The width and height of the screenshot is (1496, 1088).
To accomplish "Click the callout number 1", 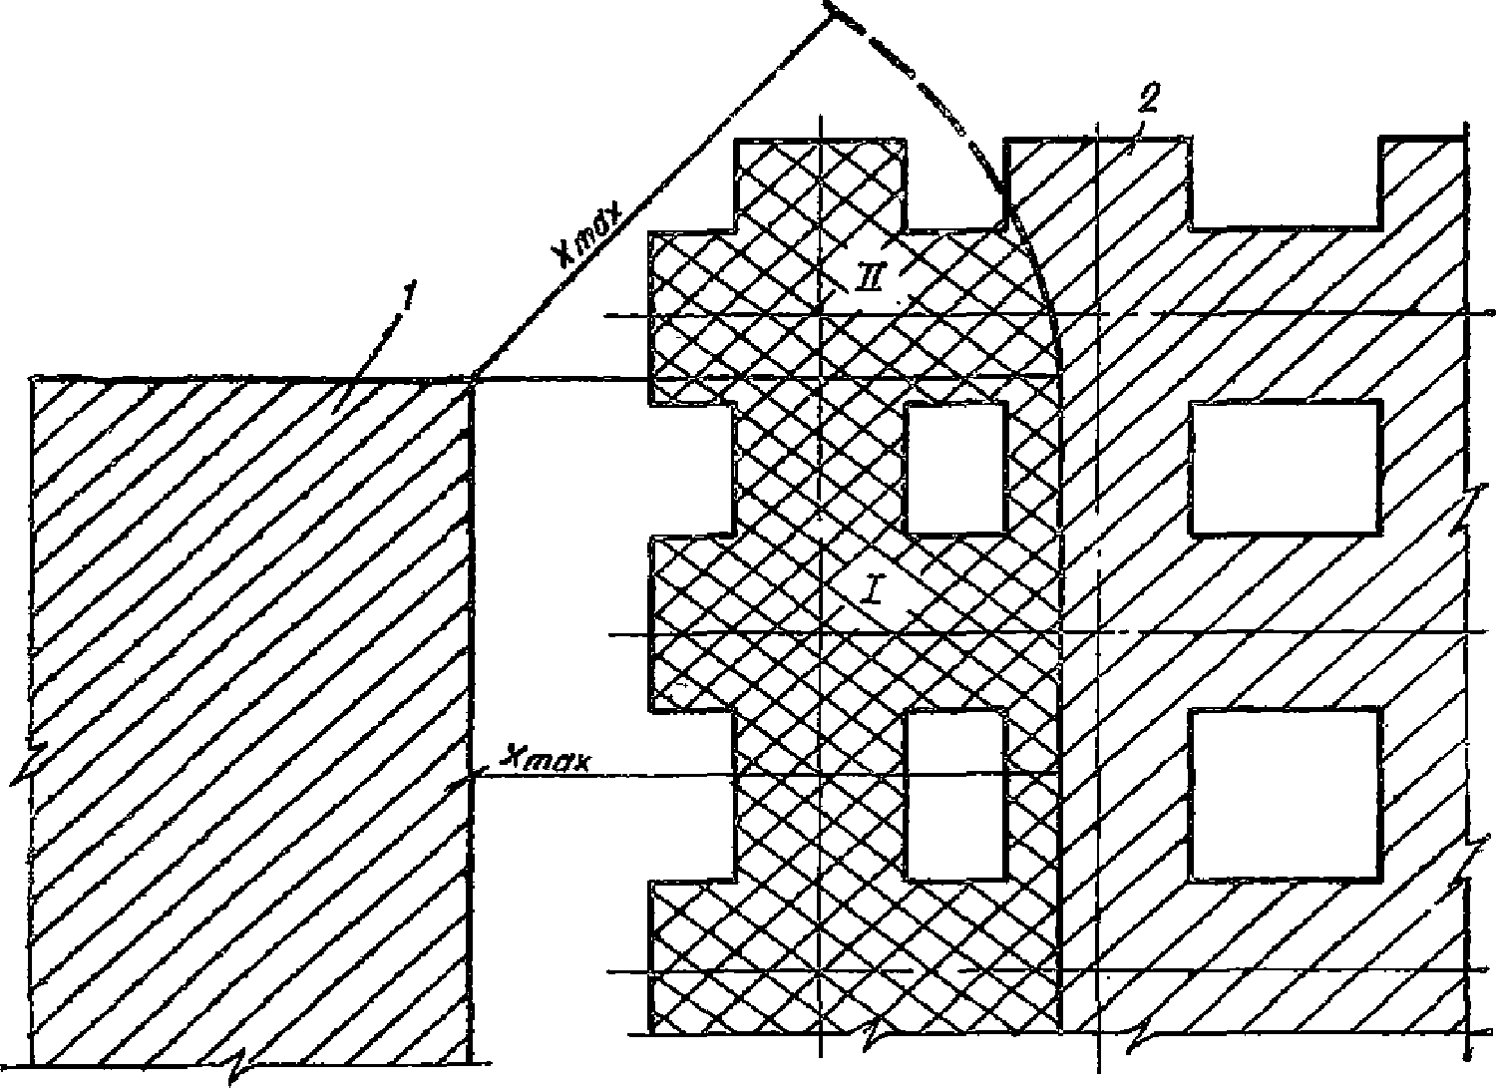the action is [x=404, y=298].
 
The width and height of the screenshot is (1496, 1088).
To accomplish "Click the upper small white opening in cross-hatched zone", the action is [x=954, y=469].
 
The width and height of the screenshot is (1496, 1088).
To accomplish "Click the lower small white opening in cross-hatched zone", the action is [x=954, y=795].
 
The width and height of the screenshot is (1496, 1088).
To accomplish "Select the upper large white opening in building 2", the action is [x=1287, y=468].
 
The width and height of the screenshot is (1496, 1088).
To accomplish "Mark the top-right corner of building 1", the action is [x=471, y=379].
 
